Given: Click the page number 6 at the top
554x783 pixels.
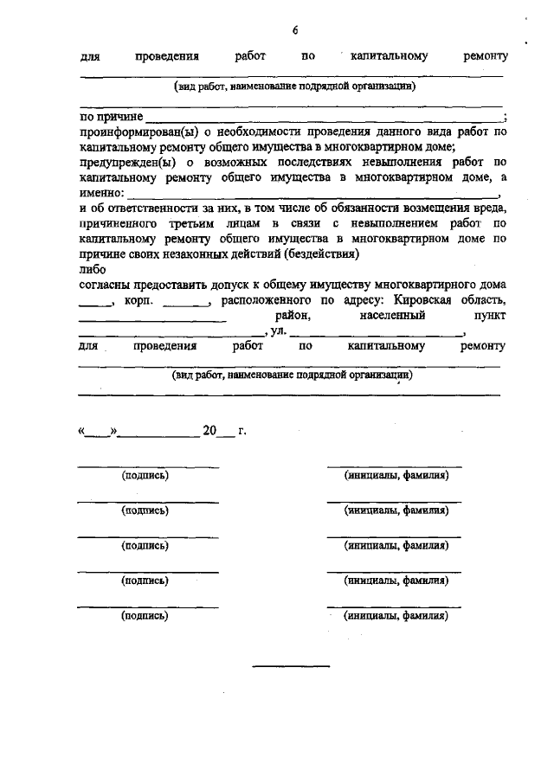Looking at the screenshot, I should coord(294,30).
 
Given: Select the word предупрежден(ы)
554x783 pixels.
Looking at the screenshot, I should coord(120,162).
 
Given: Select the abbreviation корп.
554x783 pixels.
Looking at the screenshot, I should coord(138,300).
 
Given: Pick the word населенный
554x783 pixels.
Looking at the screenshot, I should coord(391,316).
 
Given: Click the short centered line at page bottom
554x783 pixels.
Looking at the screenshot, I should coord(291,665).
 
